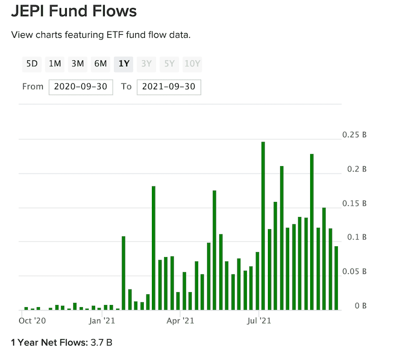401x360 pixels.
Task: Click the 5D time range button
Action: [32, 64]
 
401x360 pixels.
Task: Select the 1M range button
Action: [55, 64]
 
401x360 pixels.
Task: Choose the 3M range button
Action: [78, 64]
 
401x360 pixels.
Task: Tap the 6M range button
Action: [101, 64]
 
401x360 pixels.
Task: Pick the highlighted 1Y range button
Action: [124, 64]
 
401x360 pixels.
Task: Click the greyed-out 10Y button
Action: [192, 64]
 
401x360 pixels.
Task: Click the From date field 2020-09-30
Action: [81, 87]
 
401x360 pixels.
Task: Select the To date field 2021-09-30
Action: [168, 87]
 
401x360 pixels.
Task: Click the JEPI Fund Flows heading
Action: [74, 11]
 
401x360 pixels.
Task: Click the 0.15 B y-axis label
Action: [354, 204]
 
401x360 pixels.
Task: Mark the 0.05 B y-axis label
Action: [354, 272]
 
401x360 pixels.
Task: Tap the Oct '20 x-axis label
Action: [32, 321]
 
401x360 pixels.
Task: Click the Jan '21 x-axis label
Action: [102, 321]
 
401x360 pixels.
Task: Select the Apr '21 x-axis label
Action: [180, 321]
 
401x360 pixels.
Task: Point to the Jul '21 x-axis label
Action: [259, 321]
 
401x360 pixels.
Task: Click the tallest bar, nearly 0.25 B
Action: [263, 225]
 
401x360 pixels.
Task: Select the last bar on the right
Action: [336, 278]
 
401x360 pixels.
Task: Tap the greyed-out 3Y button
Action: [146, 64]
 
